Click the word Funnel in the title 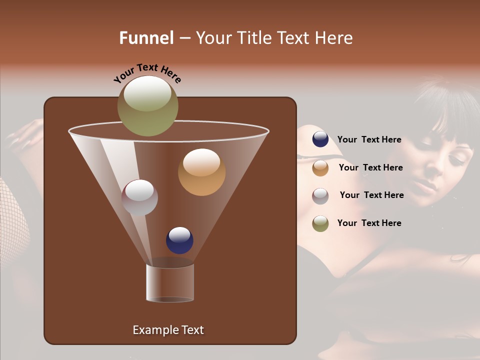[x=146, y=38]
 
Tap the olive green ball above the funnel [x=148, y=105]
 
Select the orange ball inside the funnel [x=201, y=172]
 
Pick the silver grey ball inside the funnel [x=139, y=197]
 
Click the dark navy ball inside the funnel [x=179, y=240]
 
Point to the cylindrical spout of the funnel [x=170, y=282]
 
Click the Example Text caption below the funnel [x=168, y=330]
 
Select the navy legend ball [x=320, y=139]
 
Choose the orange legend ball [x=320, y=168]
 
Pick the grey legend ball [x=320, y=195]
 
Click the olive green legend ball [x=320, y=223]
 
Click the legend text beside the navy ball [x=369, y=139]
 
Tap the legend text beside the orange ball [x=370, y=167]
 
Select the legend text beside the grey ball [x=371, y=195]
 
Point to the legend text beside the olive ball [x=369, y=223]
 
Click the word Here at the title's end [x=333, y=38]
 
